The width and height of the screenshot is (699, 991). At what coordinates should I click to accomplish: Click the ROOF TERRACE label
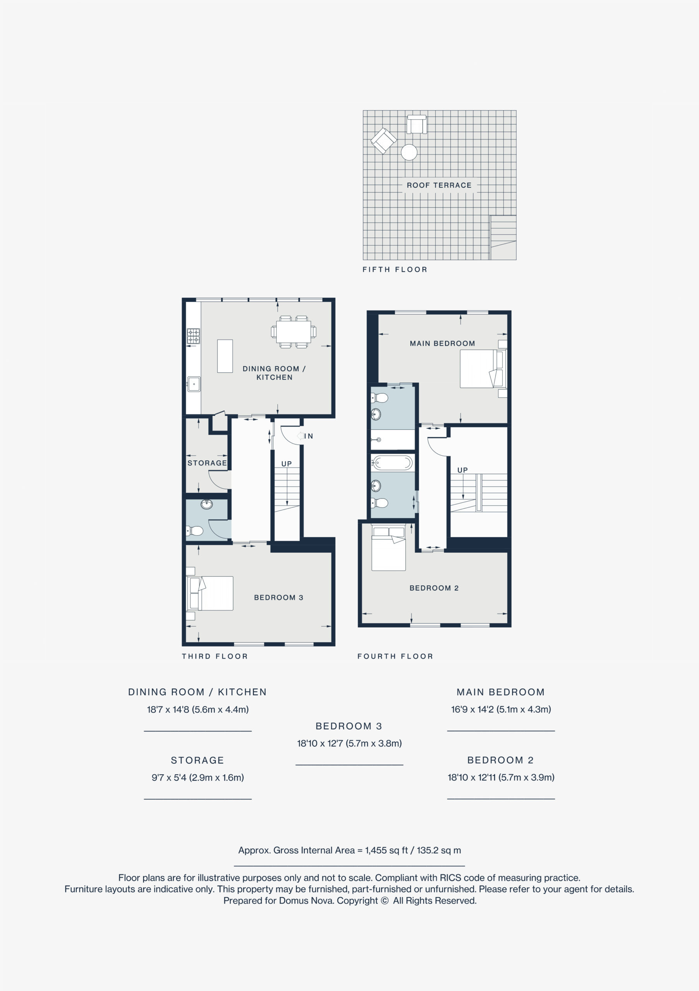(x=439, y=185)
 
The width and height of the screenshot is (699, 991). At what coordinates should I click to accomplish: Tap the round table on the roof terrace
(x=409, y=153)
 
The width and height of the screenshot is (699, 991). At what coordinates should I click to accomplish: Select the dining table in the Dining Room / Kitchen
(x=293, y=332)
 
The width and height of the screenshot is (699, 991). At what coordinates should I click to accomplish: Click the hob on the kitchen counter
(x=193, y=336)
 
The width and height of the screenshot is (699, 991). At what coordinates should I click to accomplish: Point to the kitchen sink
(x=194, y=384)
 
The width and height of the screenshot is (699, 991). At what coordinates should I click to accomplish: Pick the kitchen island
(x=225, y=356)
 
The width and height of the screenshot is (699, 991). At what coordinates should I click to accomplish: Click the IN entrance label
(x=308, y=436)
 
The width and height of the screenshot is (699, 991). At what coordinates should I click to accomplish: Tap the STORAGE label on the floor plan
(x=207, y=463)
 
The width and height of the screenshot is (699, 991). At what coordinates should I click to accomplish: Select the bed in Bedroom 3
(x=210, y=593)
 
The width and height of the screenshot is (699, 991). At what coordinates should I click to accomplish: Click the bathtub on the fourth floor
(x=392, y=463)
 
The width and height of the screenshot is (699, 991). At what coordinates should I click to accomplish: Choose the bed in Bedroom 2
(x=389, y=547)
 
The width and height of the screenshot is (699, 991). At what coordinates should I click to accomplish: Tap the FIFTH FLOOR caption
(x=395, y=270)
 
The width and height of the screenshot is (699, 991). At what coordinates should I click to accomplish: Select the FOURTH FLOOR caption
(x=395, y=657)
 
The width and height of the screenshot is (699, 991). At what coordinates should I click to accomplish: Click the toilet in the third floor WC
(x=195, y=530)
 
